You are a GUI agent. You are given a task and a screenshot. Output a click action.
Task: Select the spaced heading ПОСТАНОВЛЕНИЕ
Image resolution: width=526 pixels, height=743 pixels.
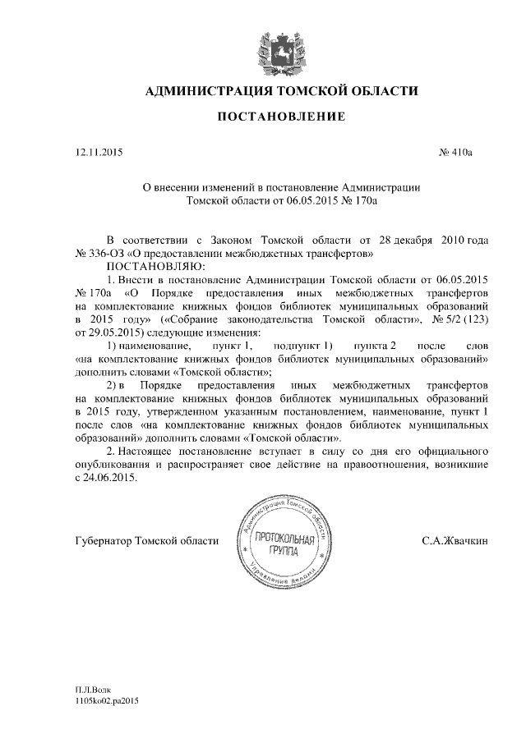point(281,118)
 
